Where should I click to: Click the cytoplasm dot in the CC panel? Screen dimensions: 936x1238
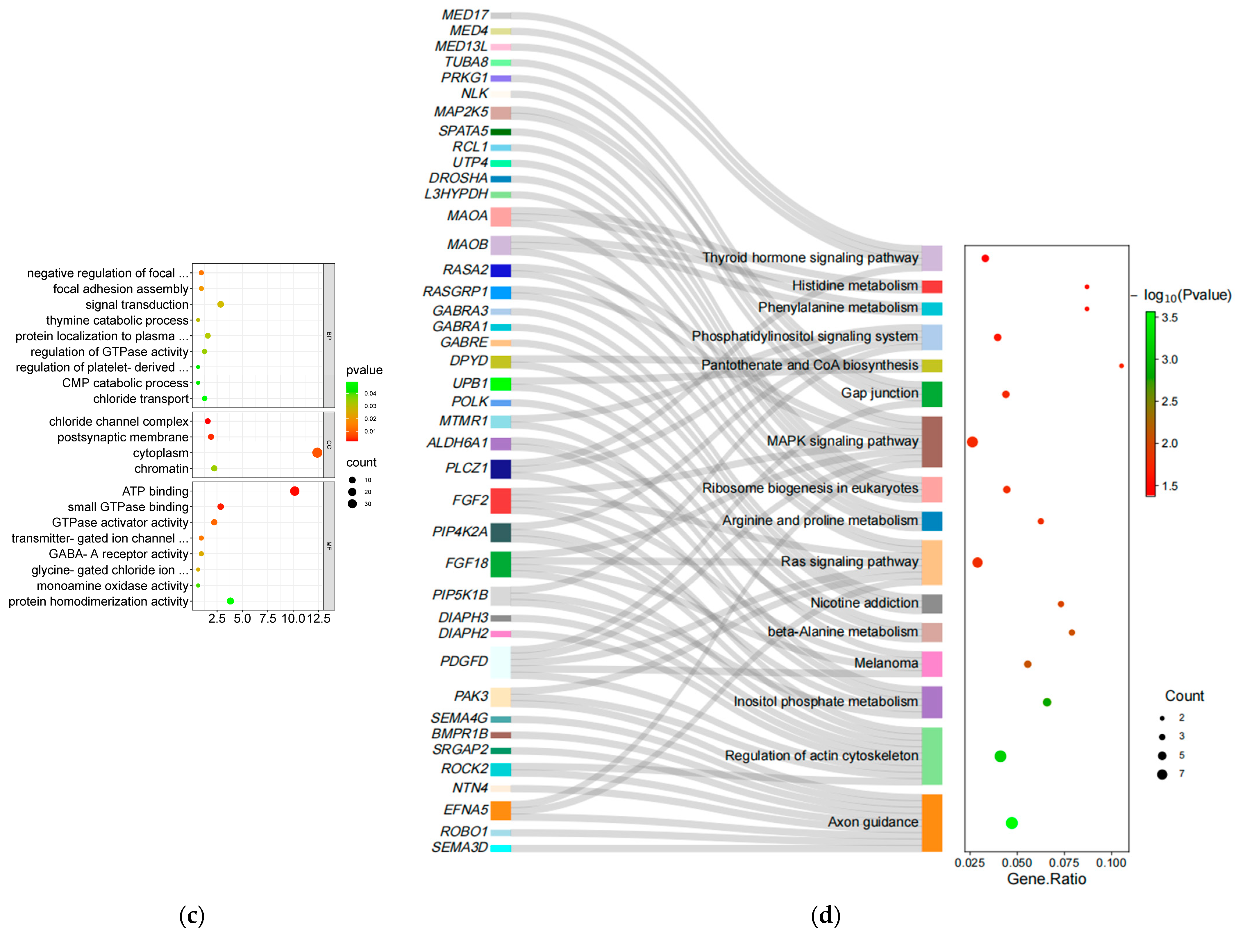point(317,453)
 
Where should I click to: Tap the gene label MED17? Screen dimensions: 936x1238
point(465,15)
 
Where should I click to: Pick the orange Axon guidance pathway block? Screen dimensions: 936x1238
point(932,822)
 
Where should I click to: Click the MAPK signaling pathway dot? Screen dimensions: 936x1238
point(972,442)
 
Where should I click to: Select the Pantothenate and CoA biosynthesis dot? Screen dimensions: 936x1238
point(1121,366)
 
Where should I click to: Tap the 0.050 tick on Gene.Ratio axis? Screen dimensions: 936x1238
point(1017,863)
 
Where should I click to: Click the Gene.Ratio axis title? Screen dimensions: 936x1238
point(1046,879)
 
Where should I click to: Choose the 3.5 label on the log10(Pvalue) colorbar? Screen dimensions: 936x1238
point(1169,318)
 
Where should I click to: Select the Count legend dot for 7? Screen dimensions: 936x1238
point(1162,774)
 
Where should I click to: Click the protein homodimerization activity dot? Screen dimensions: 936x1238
point(230,601)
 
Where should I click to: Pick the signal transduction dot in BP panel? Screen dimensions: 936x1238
point(221,304)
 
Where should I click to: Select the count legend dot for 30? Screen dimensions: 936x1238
point(352,504)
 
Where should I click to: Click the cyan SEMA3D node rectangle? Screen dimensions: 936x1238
point(500,848)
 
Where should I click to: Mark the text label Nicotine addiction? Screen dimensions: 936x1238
point(864,603)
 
